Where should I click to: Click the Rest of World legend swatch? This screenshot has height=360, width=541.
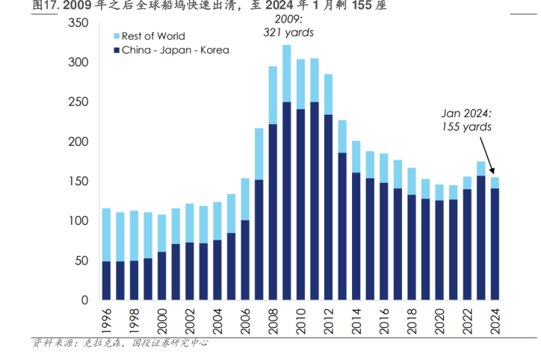point(115,36)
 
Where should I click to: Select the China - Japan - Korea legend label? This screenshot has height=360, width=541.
point(176,50)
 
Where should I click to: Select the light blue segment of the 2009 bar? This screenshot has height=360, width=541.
point(287,73)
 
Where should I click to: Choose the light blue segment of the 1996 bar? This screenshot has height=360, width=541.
point(106,235)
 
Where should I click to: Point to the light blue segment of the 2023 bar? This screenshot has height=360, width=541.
point(481,168)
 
